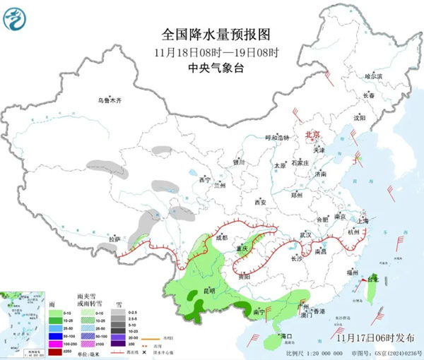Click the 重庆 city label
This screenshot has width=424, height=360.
[x=244, y=249]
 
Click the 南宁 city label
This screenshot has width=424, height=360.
[x=259, y=310]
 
